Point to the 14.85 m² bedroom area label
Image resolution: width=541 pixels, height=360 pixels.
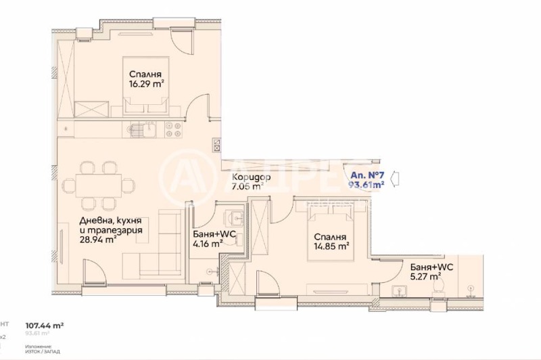(x=331, y=247)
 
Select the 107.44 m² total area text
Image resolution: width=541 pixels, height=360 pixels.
(x=45, y=325)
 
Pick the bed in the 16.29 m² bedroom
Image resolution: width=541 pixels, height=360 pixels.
(x=145, y=102)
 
